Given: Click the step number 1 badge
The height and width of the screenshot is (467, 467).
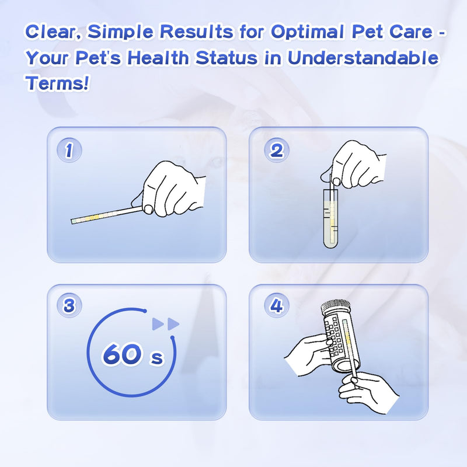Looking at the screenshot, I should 69,151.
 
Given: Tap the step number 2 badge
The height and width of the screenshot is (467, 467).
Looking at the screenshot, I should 276,151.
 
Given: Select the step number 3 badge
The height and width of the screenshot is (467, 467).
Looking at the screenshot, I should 69,306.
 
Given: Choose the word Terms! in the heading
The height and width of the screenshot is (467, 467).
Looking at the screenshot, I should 57,83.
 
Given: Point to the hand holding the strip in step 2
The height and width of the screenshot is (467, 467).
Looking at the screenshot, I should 357,164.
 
